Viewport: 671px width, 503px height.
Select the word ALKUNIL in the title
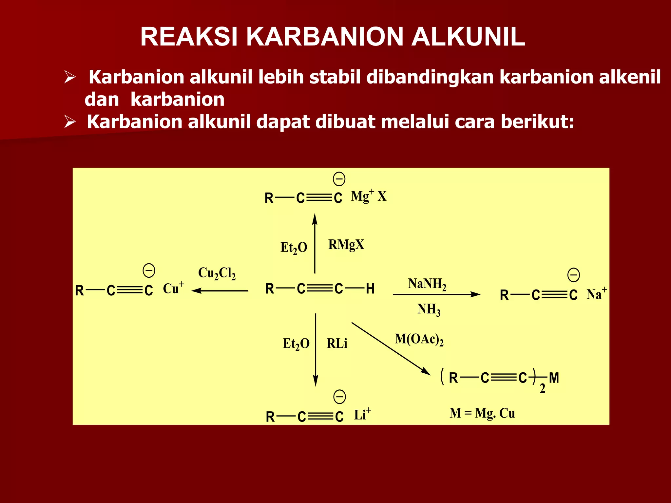pos(468,36)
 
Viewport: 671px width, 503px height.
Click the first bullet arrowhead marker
pos(70,77)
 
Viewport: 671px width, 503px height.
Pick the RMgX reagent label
pos(346,245)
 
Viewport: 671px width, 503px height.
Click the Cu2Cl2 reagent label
pos(217,273)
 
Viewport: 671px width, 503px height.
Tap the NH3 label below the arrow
pos(429,309)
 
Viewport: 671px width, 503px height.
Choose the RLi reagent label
pos(337,344)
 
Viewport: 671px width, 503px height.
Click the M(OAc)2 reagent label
pos(419,339)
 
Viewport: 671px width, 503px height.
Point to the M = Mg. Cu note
pos(482,413)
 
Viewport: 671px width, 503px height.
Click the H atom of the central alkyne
pos(370,289)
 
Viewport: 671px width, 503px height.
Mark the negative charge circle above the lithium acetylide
pos(339,397)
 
